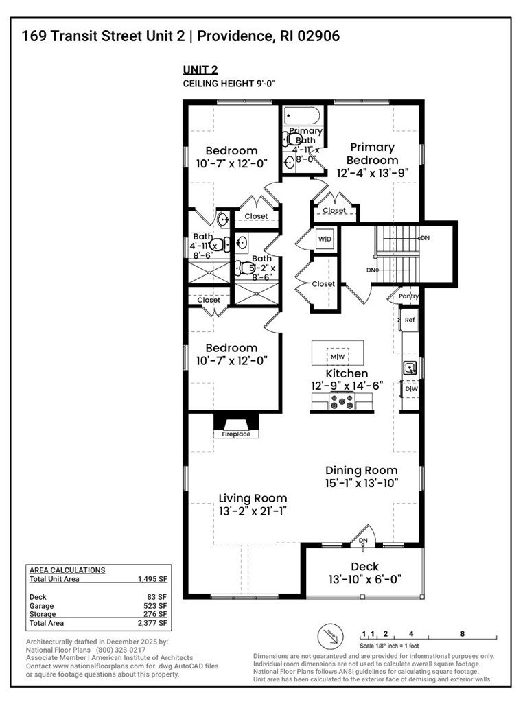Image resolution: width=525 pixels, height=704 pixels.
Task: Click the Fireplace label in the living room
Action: point(235,434)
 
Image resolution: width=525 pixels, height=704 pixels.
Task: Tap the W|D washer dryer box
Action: point(324,239)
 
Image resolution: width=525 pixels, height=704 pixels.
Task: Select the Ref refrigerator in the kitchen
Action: point(410,320)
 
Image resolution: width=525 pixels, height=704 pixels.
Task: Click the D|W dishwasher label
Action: point(410,390)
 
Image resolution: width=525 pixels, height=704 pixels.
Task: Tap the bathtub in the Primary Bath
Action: point(302,115)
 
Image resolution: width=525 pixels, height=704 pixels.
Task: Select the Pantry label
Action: point(409,296)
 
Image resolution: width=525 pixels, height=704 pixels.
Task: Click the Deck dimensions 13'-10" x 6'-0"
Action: point(364,580)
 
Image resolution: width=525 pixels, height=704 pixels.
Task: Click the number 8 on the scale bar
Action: point(463,634)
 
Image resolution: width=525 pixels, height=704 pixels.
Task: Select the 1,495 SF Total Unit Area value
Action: point(152,579)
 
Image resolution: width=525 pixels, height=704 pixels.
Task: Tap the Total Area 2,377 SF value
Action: point(152,623)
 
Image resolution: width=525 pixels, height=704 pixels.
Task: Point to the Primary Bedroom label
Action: point(372,154)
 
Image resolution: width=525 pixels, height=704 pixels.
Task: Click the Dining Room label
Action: point(361,471)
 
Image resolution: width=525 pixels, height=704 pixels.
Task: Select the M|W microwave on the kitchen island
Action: point(338,357)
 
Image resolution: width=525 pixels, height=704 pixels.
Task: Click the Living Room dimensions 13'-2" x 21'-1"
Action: point(253,511)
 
